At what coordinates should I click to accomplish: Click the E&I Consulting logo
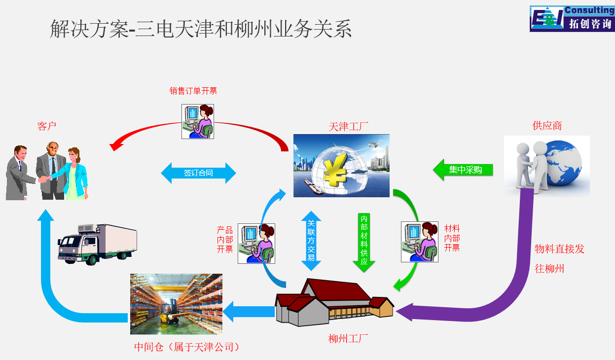coord(572,18)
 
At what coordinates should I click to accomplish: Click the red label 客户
coord(47,126)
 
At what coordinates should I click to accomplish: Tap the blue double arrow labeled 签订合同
coord(198,173)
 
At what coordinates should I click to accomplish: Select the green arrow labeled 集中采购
coord(463,170)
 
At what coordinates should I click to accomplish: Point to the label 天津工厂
coord(348,127)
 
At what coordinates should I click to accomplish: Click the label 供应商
coord(547,125)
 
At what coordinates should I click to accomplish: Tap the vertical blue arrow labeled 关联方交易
coord(311,241)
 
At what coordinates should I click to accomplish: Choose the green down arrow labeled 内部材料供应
coord(364,243)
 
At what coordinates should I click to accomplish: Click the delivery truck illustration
coord(97,244)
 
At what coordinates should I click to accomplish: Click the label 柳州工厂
coord(348,339)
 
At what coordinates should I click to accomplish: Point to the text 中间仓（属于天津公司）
coord(187,347)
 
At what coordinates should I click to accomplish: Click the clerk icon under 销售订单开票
coord(198,121)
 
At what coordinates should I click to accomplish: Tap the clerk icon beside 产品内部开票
coord(256,244)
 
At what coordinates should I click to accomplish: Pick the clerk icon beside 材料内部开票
coord(420,242)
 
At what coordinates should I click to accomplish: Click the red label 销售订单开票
coord(193,91)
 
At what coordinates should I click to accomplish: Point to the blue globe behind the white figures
coord(563,163)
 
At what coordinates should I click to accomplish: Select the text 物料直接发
coord(559,249)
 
